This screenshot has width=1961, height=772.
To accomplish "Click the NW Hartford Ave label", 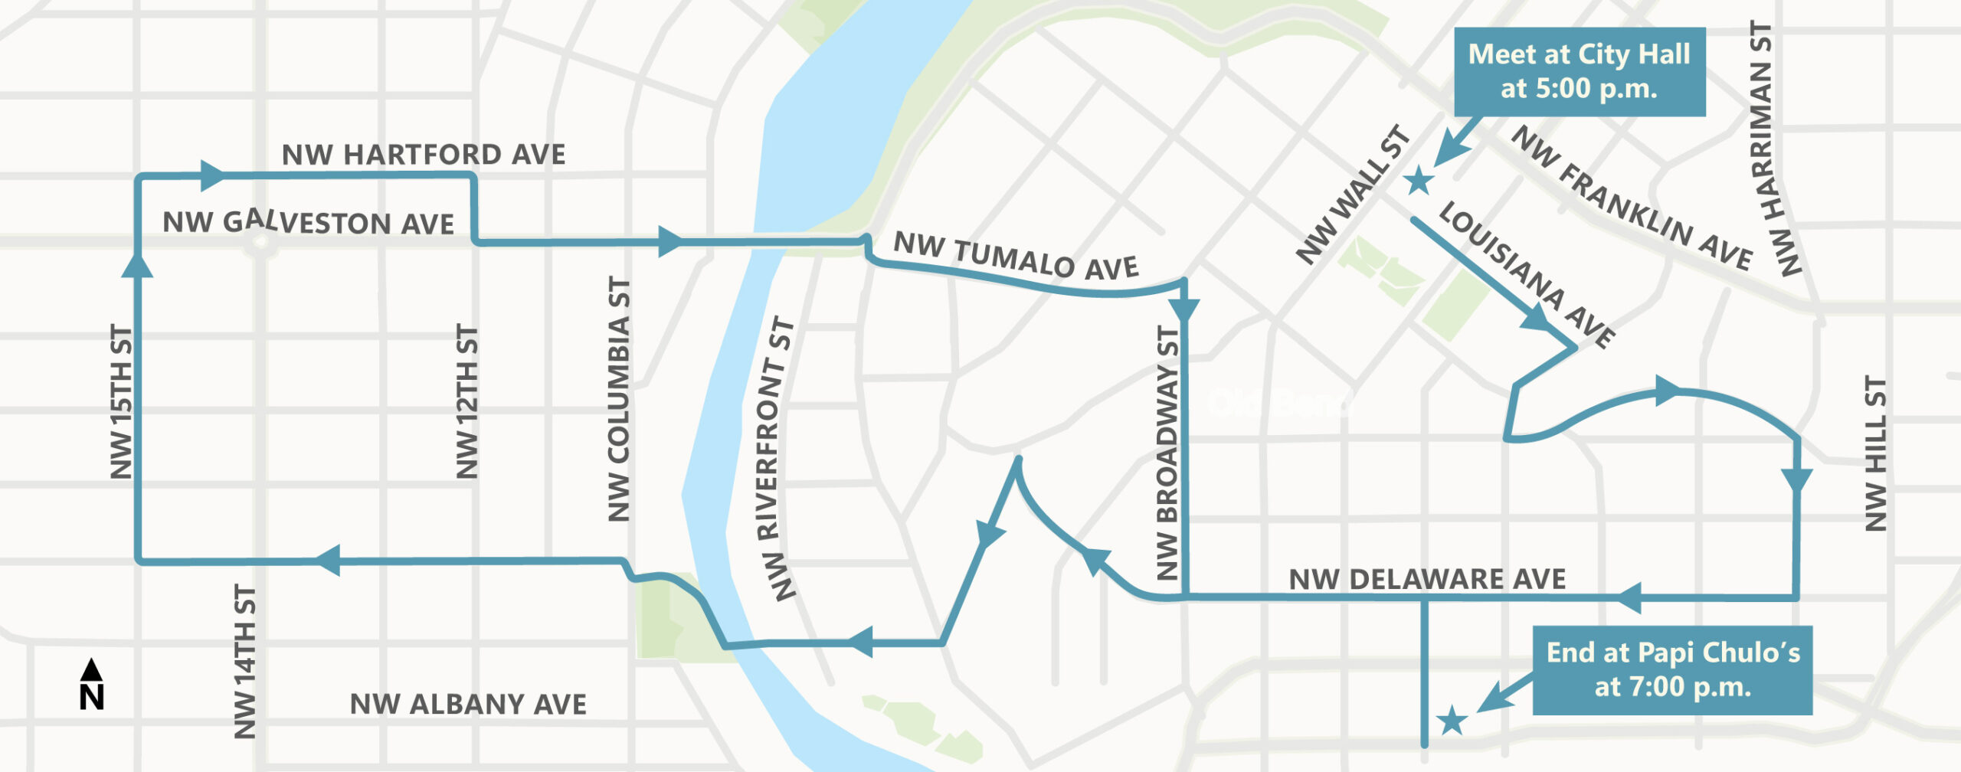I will coord(423,155).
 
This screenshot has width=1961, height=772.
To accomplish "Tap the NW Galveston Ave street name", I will coord(308,223).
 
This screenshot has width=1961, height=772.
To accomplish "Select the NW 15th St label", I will coord(122,402).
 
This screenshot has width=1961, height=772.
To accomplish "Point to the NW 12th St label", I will coord(467,402).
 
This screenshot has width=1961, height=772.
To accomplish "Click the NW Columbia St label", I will coord(619,400).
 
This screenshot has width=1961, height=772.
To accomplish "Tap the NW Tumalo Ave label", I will coord(1016,256).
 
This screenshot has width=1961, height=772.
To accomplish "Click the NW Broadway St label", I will coord(1167,452).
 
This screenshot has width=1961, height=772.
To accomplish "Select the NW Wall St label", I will coord(1353,195).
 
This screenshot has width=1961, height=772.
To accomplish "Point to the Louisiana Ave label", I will coord(1527,275).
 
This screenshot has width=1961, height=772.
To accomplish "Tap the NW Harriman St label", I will coord(1776,149).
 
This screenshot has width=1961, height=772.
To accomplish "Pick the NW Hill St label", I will coord(1875,453).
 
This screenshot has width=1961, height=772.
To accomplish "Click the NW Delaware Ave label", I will coord(1427,580).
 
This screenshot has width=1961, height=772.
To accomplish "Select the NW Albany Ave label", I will coord(468,705).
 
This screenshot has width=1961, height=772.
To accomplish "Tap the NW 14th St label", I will coord(244,662).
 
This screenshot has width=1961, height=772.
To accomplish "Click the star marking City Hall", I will coord(1419,182).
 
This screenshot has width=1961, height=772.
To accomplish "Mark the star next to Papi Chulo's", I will coord(1452,721).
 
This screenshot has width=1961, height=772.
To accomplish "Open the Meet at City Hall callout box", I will coord(1579,72).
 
